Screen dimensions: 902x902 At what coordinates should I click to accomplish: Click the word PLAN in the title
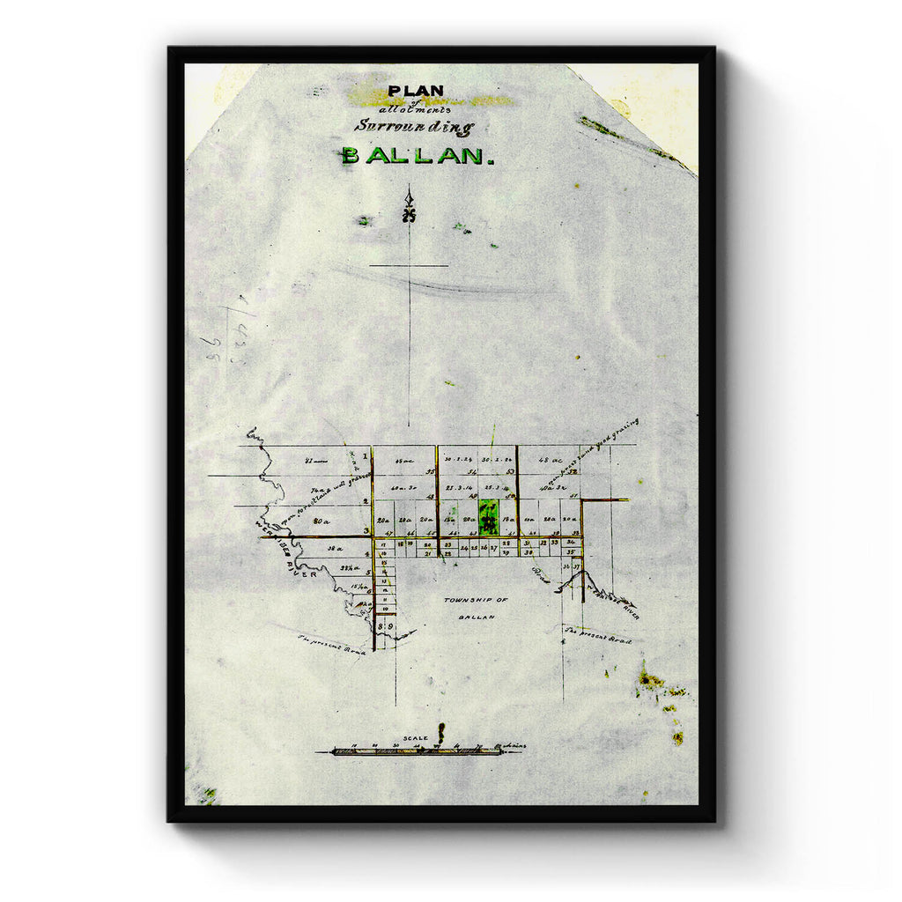[416, 91]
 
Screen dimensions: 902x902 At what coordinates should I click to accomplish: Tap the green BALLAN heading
[412, 156]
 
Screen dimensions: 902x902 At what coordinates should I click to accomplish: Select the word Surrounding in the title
[414, 126]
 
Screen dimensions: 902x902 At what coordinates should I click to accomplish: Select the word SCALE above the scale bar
[414, 738]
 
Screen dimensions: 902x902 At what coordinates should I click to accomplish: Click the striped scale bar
[414, 751]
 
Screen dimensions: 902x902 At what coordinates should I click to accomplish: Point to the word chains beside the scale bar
[512, 747]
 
